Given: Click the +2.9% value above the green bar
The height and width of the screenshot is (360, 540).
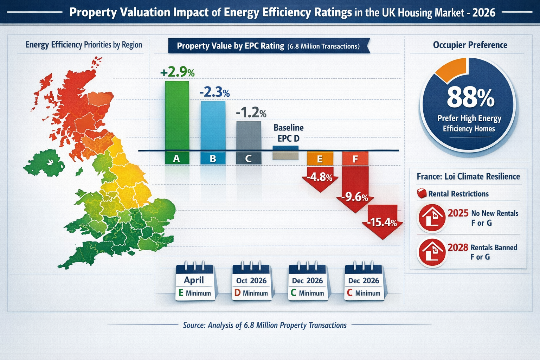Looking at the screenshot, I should [177, 72].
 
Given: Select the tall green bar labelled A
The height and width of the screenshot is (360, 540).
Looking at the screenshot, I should [177, 116].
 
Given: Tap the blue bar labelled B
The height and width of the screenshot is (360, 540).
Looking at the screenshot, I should [213, 127].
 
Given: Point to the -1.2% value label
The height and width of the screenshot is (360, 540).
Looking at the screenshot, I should [251, 113].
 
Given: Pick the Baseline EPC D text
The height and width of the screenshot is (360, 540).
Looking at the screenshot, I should [288, 133].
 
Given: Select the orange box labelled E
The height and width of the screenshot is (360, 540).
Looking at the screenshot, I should [320, 159].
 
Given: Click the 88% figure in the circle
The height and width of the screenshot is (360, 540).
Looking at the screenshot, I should [470, 98].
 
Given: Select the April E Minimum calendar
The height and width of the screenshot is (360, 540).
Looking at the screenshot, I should [194, 283].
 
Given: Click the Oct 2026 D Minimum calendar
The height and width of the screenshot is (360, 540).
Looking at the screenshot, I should [251, 283].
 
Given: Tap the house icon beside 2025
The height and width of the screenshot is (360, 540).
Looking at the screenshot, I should [431, 218].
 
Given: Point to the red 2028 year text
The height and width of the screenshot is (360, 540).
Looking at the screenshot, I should [458, 247].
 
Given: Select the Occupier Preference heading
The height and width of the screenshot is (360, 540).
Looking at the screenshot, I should [470, 45].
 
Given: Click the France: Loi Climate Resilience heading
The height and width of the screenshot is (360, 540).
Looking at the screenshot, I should [468, 176].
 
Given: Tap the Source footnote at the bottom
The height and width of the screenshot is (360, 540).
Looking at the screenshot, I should [265, 325].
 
